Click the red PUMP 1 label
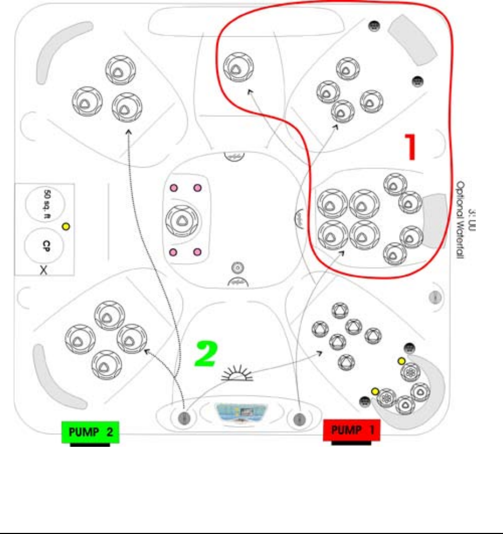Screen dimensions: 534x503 coord(351,431)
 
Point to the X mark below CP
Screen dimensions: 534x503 coord(44,269)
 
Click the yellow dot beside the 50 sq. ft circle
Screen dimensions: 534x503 coord(66,227)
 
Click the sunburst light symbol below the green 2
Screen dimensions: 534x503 coord(238,373)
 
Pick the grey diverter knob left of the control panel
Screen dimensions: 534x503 coord(184,418)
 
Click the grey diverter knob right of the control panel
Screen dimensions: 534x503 coord(298,418)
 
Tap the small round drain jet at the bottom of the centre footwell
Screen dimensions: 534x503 coord(238,267)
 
